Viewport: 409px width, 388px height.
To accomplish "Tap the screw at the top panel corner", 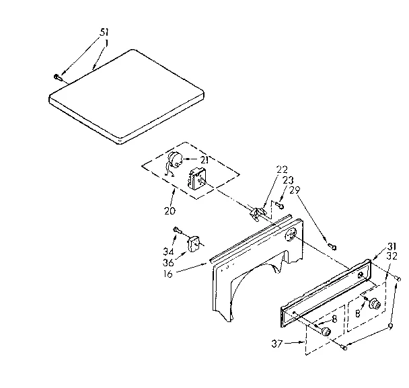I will click(58, 77).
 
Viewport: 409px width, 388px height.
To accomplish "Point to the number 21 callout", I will click(204, 160).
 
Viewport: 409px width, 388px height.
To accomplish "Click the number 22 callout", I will click(281, 169).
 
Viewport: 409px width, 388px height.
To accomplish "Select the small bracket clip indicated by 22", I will click(257, 213).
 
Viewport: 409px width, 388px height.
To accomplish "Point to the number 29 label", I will click(295, 190).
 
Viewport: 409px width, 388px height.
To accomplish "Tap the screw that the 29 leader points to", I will click(332, 245).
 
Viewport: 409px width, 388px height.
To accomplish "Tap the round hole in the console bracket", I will click(291, 235).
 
